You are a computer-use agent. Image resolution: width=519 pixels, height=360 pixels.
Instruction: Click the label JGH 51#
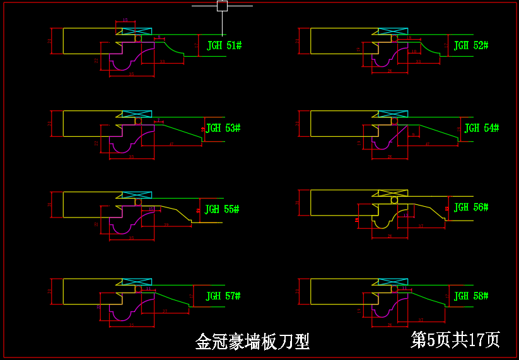(224, 45)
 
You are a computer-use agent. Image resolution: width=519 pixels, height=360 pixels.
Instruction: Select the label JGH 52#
(471, 45)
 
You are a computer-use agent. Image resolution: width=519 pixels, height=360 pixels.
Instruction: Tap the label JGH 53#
(223, 128)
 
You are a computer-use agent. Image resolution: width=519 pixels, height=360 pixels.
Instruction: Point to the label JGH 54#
(481, 128)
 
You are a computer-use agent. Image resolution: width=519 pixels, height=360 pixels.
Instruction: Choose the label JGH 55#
(222, 209)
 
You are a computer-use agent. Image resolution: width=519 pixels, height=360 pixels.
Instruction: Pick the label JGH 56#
(471, 207)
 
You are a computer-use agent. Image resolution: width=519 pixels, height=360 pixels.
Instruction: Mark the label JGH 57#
(223, 296)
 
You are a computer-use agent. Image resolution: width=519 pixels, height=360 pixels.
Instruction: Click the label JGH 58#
(471, 296)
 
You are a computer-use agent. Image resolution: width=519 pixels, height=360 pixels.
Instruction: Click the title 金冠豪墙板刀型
(252, 342)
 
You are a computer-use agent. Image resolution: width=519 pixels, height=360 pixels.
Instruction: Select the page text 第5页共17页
(455, 340)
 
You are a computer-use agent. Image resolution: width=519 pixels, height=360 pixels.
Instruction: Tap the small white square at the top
(222, 6)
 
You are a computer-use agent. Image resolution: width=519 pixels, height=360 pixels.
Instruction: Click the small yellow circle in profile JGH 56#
(395, 200)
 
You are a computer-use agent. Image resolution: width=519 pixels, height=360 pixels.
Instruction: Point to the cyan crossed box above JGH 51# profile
(137, 31)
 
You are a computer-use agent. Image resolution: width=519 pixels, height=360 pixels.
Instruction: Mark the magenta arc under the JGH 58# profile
(382, 311)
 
